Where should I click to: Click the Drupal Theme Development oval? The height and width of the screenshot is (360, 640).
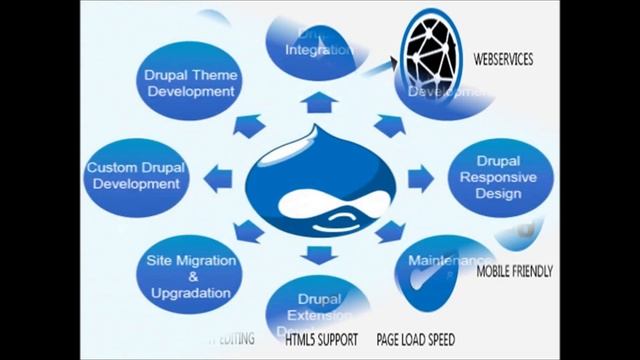coord(191,83)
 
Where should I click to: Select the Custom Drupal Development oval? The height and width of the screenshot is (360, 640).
coord(133,176)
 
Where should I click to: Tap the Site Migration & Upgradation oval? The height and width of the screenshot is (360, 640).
coord(189,277)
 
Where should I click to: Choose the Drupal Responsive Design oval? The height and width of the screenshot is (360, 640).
coord(497,177)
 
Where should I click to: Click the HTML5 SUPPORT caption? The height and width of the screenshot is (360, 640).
coord(321,339)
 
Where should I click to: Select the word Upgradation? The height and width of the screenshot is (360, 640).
coord(189,294)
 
